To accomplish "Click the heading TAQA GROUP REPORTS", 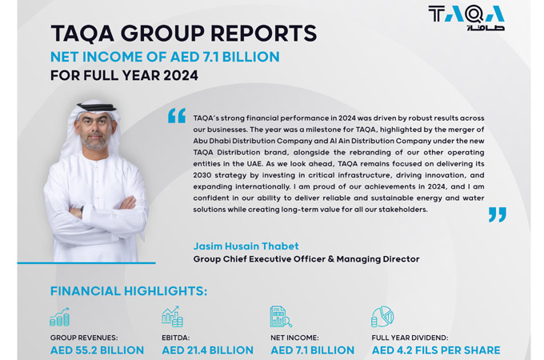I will coord(183,34).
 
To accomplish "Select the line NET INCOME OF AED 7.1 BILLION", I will coord(165,57).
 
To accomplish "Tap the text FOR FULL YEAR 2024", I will coord(124,77).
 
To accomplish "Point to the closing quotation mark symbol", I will coord(497,214).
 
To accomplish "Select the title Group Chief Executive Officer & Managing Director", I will coord(306,259).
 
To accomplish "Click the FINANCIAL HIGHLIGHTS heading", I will coord(128,291).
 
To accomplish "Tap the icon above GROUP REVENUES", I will coord(59,317).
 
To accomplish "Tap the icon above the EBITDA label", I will coord(172,317).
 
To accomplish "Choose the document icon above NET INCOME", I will coord(280,317).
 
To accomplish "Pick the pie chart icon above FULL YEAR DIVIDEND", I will coord(382,317).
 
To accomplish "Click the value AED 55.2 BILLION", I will coord(97,350).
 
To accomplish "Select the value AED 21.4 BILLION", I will coord(207,350).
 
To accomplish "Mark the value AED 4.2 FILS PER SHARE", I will coord(435,350).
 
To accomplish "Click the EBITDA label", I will coord(176,338).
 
